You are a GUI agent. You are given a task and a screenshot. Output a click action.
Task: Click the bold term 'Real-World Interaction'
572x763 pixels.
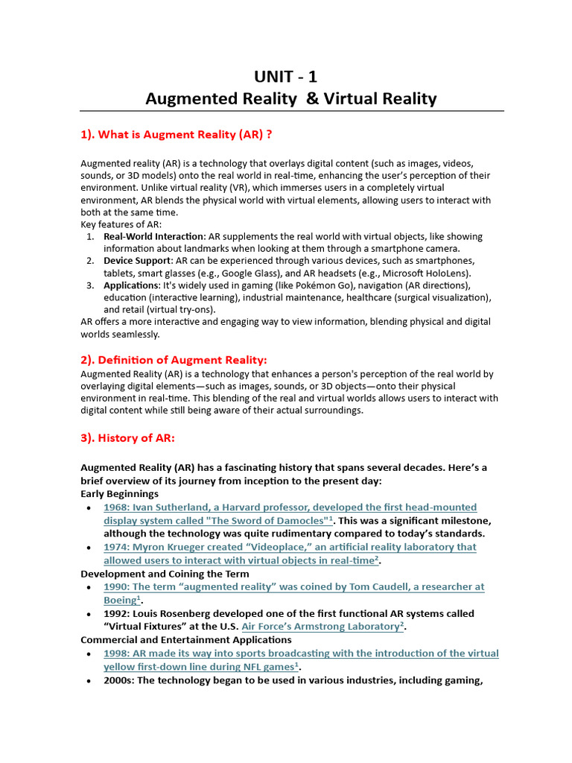tap(153, 236)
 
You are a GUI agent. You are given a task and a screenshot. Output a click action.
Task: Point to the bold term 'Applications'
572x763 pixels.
tap(131, 285)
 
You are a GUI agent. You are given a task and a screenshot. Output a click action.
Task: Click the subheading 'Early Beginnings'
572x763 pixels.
tap(119, 494)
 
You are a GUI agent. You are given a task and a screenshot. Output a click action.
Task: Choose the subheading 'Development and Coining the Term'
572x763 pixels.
tap(165, 574)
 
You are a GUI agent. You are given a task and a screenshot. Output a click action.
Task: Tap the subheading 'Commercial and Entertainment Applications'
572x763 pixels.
tap(186, 640)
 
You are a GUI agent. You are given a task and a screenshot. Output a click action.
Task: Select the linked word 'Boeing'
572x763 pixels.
tap(120, 601)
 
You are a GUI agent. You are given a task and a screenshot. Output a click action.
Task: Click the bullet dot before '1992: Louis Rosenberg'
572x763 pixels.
tap(89, 614)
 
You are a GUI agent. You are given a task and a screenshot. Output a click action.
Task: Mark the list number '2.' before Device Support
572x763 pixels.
tap(89, 261)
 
